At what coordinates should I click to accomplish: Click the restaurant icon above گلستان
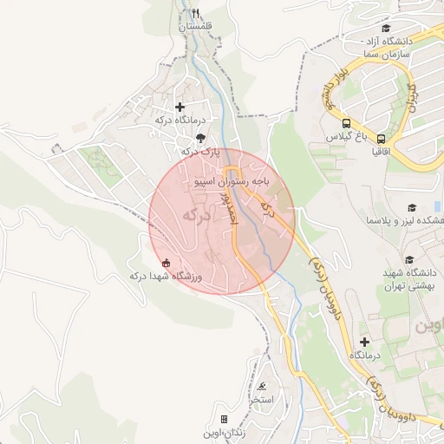pyautogui.click(x=195, y=13)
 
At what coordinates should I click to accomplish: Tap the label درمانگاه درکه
pyautogui.click(x=180, y=120)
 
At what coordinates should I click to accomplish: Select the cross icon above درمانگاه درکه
pyautogui.click(x=180, y=107)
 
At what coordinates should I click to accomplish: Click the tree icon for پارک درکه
pyautogui.click(x=201, y=138)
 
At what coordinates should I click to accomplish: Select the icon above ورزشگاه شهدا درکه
pyautogui.click(x=166, y=263)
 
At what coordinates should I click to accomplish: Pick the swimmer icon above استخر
pyautogui.click(x=262, y=387)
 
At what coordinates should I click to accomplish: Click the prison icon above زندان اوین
pyautogui.click(x=224, y=419)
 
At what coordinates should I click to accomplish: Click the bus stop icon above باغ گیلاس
pyautogui.click(x=346, y=123)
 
